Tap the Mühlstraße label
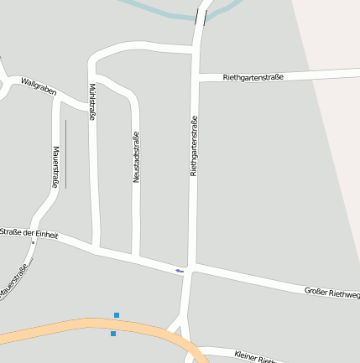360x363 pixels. coord(91,102)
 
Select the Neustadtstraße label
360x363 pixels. coord(136,157)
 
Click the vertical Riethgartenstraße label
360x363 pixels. coord(194,145)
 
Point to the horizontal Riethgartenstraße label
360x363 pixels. coord(253,77)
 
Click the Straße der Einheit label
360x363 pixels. coord(29,234)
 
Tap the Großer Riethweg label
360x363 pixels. coord(331,293)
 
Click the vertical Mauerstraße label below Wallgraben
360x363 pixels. coord(56,167)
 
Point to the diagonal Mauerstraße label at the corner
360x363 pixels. coord(14,282)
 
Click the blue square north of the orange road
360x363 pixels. coord(117,315)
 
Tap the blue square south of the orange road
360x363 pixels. coord(113,334)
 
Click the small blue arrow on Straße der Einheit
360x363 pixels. coord(179,271)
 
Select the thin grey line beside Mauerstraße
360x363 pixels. coord(65,154)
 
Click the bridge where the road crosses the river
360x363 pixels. coord(201,16)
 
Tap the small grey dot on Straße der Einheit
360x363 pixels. coord(33,242)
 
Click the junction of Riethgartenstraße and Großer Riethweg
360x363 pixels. coord(191,269)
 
